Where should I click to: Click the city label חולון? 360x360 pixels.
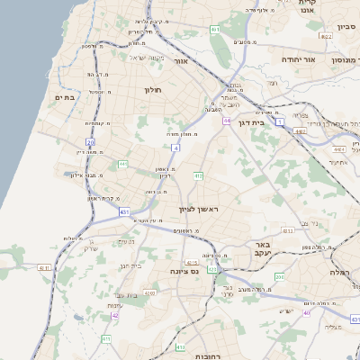(x=151, y=90)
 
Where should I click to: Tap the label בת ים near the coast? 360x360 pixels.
(x=63, y=96)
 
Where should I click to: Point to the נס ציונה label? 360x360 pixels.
(x=184, y=269)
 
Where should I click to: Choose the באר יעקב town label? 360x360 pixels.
(x=262, y=248)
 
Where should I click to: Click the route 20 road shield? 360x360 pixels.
(x=90, y=142)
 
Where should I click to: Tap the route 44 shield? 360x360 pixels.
(x=228, y=120)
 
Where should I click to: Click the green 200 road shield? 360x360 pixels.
(x=279, y=277)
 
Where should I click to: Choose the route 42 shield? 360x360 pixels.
(x=115, y=315)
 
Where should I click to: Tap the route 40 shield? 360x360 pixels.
(x=306, y=313)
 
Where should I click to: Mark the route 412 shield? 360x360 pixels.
(x=197, y=175)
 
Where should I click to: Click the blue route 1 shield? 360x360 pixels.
(x=280, y=120)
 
